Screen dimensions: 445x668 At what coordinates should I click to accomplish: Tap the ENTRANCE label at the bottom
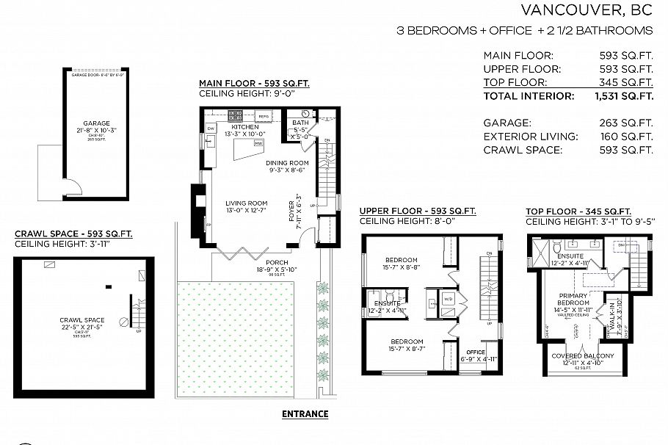[305, 414]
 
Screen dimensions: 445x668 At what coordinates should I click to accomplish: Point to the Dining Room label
[288, 163]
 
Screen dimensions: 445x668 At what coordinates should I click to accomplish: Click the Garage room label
[95, 124]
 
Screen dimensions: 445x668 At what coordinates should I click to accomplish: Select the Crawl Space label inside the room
[82, 320]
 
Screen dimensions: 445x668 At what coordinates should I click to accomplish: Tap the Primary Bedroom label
[574, 300]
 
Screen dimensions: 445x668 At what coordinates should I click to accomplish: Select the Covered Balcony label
[583, 356]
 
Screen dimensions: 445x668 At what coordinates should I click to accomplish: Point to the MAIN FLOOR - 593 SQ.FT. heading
[254, 84]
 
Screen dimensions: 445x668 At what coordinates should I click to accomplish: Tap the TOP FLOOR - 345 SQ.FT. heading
[578, 211]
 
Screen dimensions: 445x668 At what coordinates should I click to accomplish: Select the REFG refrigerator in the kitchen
[264, 117]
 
